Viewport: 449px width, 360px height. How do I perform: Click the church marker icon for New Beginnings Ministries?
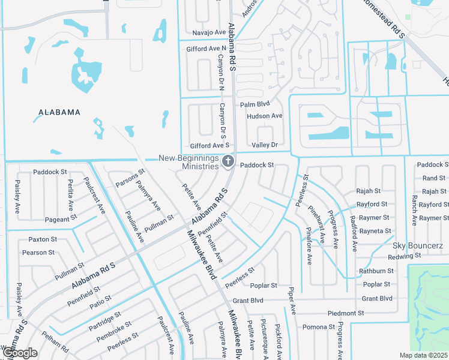pyautogui.click(x=228, y=161)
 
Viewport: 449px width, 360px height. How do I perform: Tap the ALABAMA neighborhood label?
pyautogui.click(x=59, y=112)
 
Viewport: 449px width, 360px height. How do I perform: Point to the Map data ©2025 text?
pyautogui.click(x=424, y=355)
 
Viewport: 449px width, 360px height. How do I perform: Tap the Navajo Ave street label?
pyautogui.click(x=207, y=32)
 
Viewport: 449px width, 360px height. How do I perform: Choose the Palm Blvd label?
pyautogui.click(x=253, y=104)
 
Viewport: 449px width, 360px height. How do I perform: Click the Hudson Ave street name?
pyautogui.click(x=264, y=116)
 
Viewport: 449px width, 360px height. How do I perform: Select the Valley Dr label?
pyautogui.click(x=265, y=145)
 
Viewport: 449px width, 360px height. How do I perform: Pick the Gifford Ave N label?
pyautogui.click(x=206, y=47)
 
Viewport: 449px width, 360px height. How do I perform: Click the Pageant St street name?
pyautogui.click(x=57, y=220)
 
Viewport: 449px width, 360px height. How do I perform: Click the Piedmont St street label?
pyautogui.click(x=346, y=313)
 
